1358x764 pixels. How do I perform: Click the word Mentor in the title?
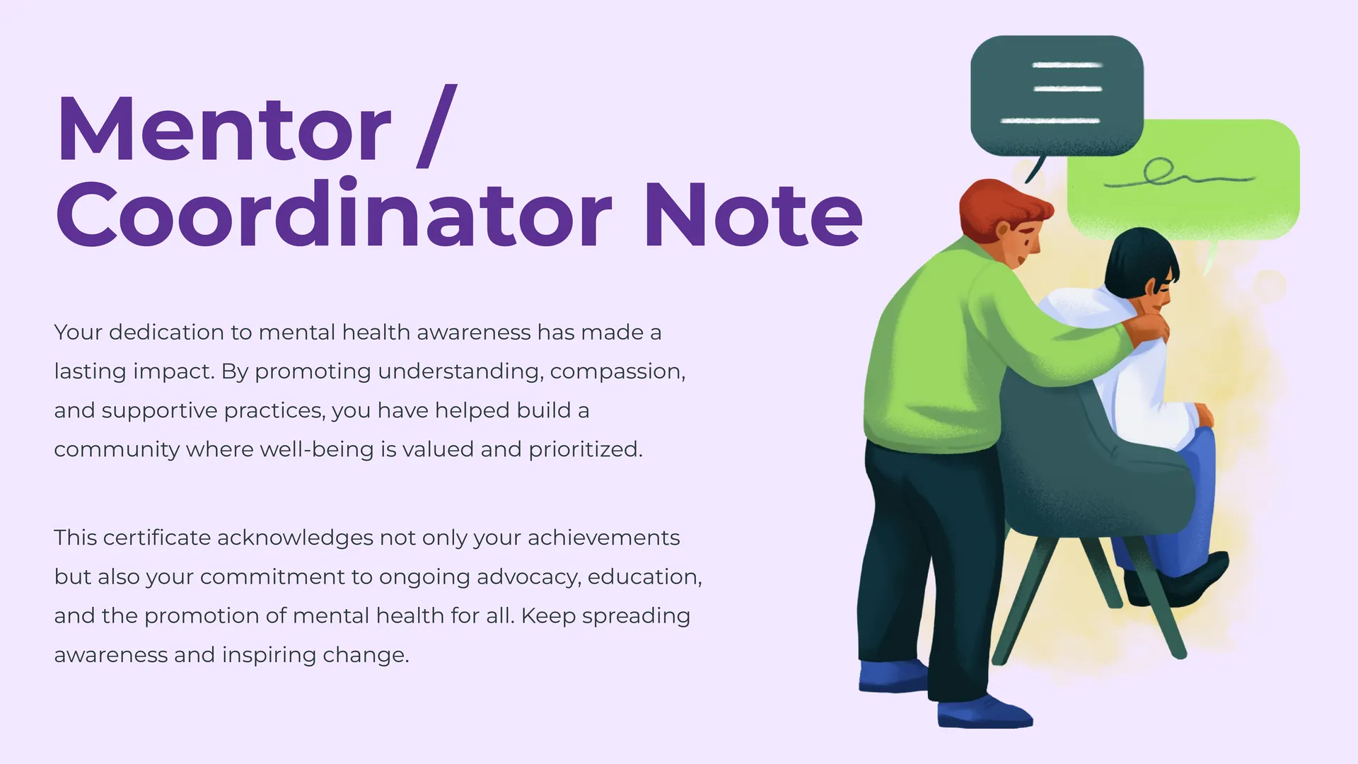224,129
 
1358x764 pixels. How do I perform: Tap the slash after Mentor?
437,126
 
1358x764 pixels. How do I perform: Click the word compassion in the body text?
617,371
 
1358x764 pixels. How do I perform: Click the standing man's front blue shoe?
984,712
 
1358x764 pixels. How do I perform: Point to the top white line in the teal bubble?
1067,65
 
